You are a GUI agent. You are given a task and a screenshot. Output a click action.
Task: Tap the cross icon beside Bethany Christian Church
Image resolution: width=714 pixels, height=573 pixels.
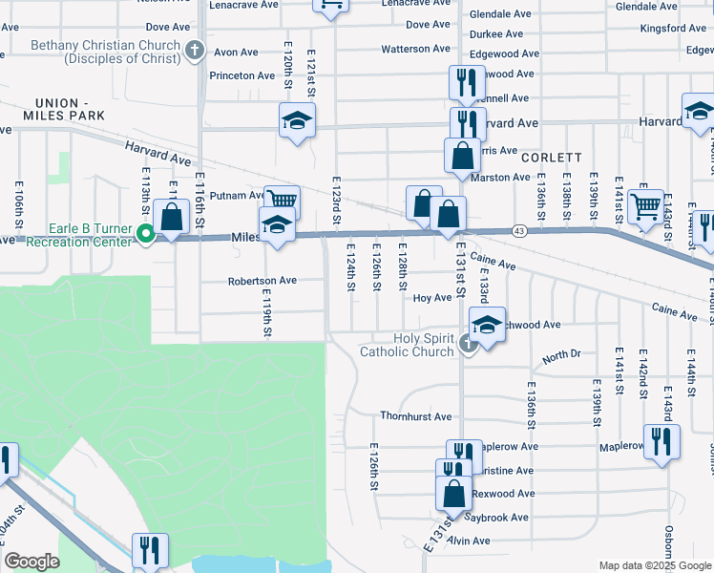click(195, 50)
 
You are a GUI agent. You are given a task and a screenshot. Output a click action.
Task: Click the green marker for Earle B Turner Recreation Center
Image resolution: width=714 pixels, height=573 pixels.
click(145, 233)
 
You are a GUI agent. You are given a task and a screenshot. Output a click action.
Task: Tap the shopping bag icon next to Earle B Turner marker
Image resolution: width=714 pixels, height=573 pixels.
click(172, 217)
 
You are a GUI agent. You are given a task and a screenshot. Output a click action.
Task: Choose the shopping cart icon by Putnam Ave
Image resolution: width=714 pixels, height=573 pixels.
click(282, 200)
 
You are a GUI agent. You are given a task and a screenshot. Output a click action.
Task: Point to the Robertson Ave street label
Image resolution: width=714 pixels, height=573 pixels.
click(262, 281)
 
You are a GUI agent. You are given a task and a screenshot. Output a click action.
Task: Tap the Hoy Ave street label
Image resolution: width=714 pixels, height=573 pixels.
click(431, 298)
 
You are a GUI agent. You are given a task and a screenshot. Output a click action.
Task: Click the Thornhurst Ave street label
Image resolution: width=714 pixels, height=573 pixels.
click(415, 416)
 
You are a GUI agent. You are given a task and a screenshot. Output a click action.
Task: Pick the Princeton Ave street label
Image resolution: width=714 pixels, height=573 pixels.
click(242, 75)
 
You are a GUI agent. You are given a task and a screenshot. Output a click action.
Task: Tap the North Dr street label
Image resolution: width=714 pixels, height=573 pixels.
click(561, 356)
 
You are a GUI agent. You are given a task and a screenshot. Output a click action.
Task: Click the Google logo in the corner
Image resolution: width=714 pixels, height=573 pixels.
click(31, 562)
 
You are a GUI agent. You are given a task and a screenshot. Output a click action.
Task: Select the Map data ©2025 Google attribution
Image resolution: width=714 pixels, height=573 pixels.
click(654, 565)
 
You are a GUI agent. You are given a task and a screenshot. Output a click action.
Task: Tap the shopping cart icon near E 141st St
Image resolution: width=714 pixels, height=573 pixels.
click(646, 203)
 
